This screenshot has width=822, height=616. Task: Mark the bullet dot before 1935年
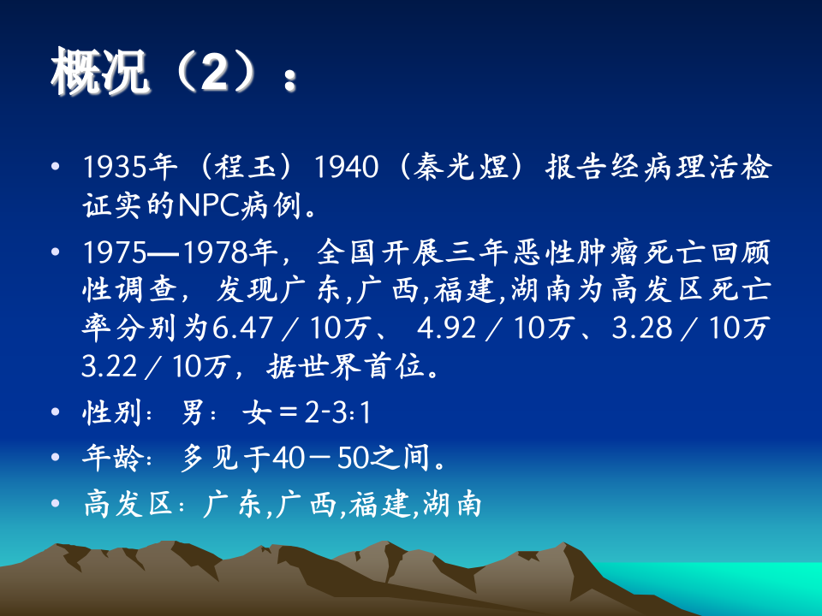pyautogui.click(x=57, y=167)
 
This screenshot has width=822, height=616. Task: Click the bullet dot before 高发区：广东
pyautogui.click(x=57, y=504)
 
